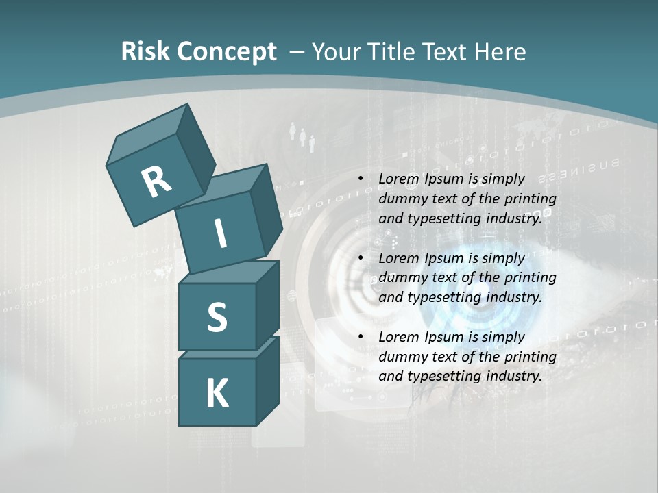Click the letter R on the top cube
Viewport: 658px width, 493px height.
(156, 181)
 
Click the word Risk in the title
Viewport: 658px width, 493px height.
(145, 51)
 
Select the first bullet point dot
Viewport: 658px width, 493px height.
(360, 179)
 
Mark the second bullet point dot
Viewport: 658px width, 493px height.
(360, 258)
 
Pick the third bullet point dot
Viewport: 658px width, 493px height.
(360, 337)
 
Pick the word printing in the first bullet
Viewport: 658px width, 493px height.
(531, 199)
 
